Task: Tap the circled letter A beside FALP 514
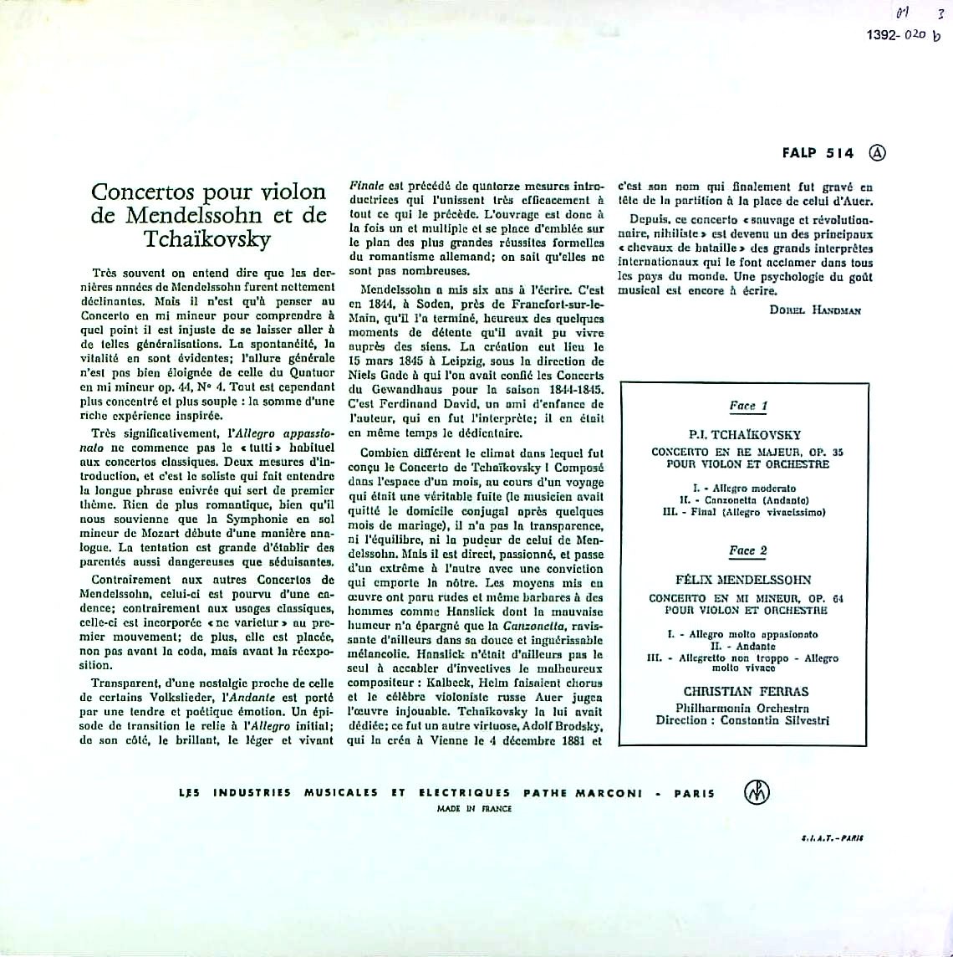(877, 153)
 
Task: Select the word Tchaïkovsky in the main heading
(207, 238)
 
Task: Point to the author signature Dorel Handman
(816, 310)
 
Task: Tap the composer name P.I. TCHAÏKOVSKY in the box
(746, 435)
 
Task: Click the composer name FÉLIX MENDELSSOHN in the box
(744, 580)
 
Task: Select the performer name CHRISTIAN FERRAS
(746, 691)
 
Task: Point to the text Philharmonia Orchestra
(746, 708)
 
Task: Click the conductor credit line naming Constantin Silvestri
(746, 720)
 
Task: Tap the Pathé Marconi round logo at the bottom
(757, 792)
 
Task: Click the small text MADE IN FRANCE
(474, 809)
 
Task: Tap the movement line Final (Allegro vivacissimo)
(744, 511)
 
